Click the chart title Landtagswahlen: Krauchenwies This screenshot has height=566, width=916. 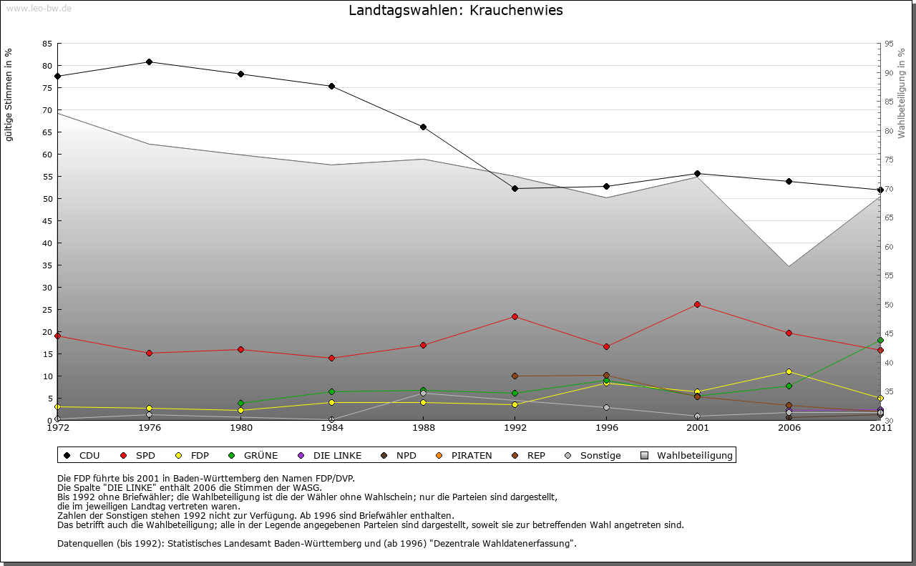pyautogui.click(x=456, y=11)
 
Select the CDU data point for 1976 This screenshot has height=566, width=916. pyautogui.click(x=149, y=62)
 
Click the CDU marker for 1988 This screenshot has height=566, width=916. pyautogui.click(x=424, y=127)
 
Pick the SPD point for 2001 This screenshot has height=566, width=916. pyautogui.click(x=697, y=305)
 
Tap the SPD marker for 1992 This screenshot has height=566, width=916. pyautogui.click(x=515, y=316)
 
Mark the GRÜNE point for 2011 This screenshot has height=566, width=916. pyautogui.click(x=880, y=341)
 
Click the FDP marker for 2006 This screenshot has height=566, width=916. pyautogui.click(x=789, y=371)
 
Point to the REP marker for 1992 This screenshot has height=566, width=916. pyautogui.click(x=515, y=376)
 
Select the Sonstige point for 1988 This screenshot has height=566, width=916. pyautogui.click(x=424, y=394)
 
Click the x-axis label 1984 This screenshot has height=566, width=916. pyautogui.click(x=331, y=429)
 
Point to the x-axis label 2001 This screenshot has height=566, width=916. pyautogui.click(x=697, y=429)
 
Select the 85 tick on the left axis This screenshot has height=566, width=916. pyautogui.click(x=47, y=44)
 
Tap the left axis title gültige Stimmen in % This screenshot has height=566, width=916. pyautogui.click(x=9, y=94)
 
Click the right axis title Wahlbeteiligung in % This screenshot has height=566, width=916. pyautogui.click(x=902, y=93)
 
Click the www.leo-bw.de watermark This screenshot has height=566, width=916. pyautogui.click(x=39, y=8)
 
